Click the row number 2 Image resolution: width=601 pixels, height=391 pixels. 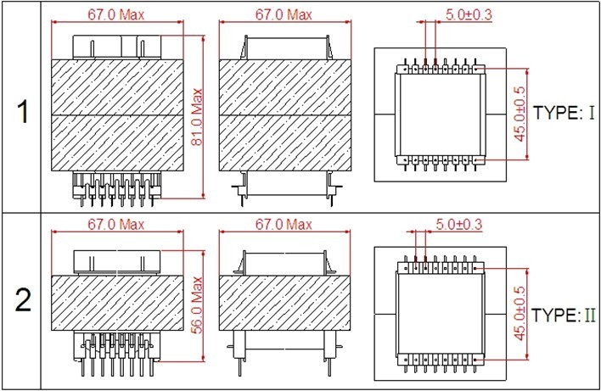click(x=22, y=299)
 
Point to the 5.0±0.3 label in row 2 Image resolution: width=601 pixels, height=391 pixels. click(x=458, y=226)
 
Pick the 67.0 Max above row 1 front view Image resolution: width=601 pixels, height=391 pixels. click(x=118, y=15)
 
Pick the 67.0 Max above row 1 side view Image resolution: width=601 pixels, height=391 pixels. click(x=284, y=15)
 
